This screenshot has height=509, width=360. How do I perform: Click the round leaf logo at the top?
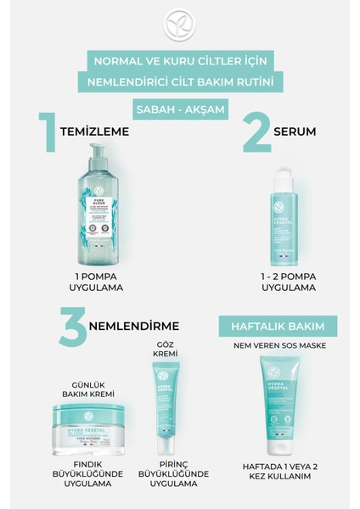(179, 25)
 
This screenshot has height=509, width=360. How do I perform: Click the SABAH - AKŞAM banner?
(179, 110)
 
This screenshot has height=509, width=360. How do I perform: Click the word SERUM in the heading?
(295, 133)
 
